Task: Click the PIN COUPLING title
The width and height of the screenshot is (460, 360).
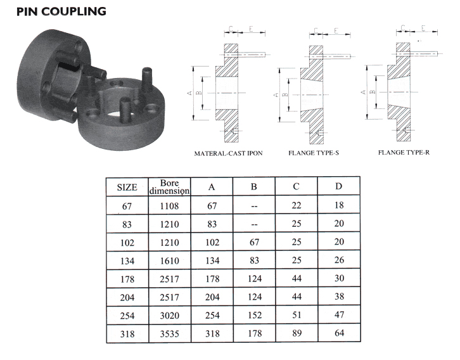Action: pyautogui.click(x=61, y=11)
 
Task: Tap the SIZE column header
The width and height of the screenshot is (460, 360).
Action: pyautogui.click(x=127, y=187)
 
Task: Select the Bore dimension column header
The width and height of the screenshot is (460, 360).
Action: pyautogui.click(x=170, y=187)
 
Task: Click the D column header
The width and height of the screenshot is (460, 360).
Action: pyautogui.click(x=338, y=186)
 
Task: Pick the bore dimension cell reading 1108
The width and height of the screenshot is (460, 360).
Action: pyautogui.click(x=169, y=206)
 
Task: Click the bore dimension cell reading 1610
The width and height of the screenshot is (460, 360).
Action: pyautogui.click(x=169, y=260)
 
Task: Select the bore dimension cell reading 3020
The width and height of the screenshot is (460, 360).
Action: pyautogui.click(x=169, y=316)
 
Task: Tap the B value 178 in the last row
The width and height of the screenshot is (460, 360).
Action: pyautogui.click(x=254, y=333)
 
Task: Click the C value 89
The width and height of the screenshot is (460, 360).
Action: pyautogui.click(x=297, y=333)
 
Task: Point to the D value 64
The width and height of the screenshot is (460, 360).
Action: pyautogui.click(x=339, y=333)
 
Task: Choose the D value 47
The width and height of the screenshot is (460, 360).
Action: pyautogui.click(x=339, y=314)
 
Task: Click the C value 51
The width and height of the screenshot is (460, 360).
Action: pyautogui.click(x=297, y=315)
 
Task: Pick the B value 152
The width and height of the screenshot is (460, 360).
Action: pyautogui.click(x=254, y=315)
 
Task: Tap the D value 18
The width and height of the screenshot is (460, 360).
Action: pyautogui.click(x=339, y=205)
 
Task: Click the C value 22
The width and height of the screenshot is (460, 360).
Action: pyautogui.click(x=297, y=205)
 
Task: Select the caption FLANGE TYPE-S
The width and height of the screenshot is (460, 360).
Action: pyautogui.click(x=314, y=153)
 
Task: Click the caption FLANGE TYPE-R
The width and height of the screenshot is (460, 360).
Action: pyautogui.click(x=404, y=153)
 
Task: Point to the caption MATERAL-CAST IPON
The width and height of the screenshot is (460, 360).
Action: pyautogui.click(x=228, y=153)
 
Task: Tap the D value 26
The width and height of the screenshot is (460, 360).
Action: pyautogui.click(x=339, y=260)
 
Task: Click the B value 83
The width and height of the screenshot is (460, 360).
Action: pyautogui.click(x=254, y=260)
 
